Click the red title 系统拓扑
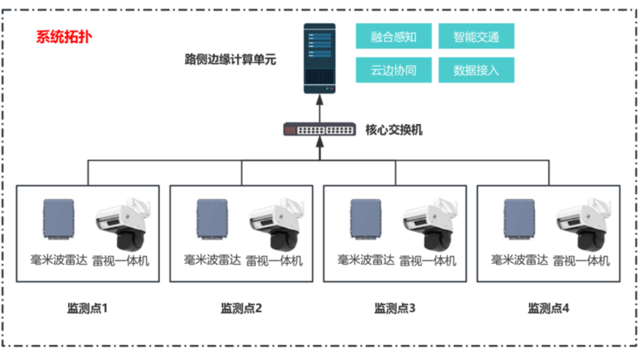(x=64, y=36)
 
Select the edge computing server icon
(x=319, y=59)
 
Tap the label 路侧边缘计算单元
(x=230, y=60)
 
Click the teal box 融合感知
(x=394, y=37)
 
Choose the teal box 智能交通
(x=476, y=37)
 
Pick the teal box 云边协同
(x=394, y=70)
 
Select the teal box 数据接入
(x=476, y=70)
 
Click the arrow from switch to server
(x=319, y=109)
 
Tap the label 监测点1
(x=87, y=308)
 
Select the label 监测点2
(x=241, y=308)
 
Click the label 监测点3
(x=394, y=308)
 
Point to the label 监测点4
(x=549, y=308)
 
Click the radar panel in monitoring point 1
(x=59, y=220)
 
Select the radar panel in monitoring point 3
(x=366, y=220)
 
